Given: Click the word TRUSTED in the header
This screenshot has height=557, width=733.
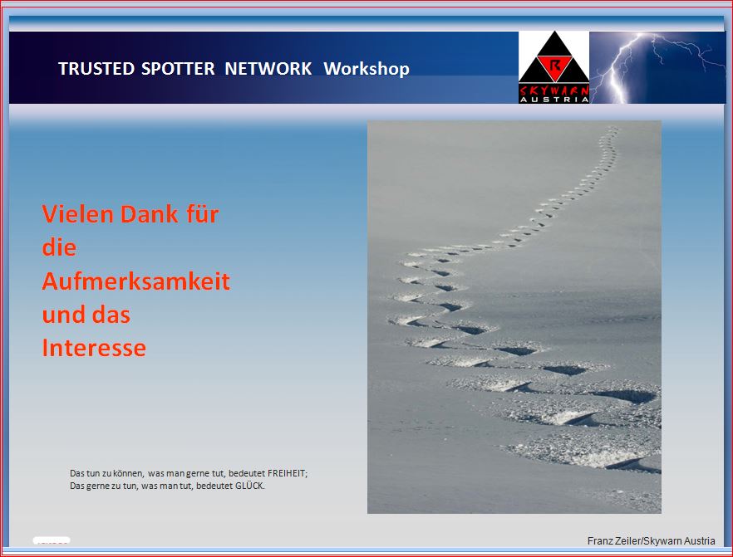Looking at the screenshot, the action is pyautogui.click(x=96, y=69).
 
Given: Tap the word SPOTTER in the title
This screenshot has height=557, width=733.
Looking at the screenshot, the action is pyautogui.click(x=178, y=69).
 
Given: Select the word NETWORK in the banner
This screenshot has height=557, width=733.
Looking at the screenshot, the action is pyautogui.click(x=268, y=69).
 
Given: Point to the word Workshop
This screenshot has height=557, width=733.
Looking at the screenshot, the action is pyautogui.click(x=366, y=69).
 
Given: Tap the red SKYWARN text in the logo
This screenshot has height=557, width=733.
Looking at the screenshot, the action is pyautogui.click(x=554, y=90).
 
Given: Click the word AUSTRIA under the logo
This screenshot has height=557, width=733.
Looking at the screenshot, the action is pyautogui.click(x=554, y=100).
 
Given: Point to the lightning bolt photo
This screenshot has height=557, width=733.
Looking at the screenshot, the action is pyautogui.click(x=657, y=67).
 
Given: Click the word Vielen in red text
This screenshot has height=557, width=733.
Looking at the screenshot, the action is pyautogui.click(x=77, y=214).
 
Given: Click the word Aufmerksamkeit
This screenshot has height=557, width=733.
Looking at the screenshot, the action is pyautogui.click(x=135, y=281).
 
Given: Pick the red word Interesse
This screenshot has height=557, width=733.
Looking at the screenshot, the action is pyautogui.click(x=94, y=348).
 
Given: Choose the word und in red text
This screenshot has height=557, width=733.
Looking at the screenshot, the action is pyautogui.click(x=63, y=315).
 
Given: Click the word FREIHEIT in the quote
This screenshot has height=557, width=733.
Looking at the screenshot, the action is pyautogui.click(x=288, y=473).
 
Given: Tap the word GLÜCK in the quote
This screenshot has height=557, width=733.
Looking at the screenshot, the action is pyautogui.click(x=249, y=486).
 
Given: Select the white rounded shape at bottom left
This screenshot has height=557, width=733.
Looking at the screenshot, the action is pyautogui.click(x=52, y=540).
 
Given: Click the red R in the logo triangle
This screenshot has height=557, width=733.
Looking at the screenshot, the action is pyautogui.click(x=554, y=65).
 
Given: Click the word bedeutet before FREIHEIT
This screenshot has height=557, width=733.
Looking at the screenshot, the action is pyautogui.click(x=247, y=473).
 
